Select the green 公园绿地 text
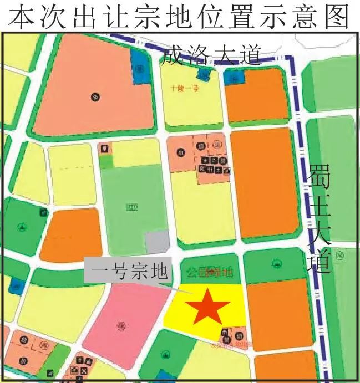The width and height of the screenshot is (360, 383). click(x=210, y=272)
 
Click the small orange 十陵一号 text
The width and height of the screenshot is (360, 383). click(x=185, y=88)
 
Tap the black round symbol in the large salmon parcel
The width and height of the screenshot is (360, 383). click(x=95, y=98)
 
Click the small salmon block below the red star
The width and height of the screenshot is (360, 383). click(x=233, y=335)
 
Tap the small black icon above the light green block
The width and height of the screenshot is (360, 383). click(x=104, y=149)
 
